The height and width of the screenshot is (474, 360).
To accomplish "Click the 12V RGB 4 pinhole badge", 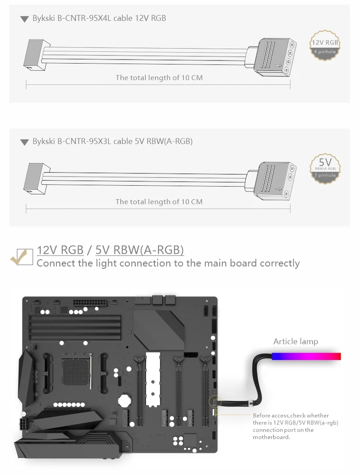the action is pyautogui.click(x=325, y=47).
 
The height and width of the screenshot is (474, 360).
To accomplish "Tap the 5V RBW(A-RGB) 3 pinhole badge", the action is pyautogui.click(x=325, y=168).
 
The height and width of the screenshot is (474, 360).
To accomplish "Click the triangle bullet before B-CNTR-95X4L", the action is pyautogui.click(x=25, y=19).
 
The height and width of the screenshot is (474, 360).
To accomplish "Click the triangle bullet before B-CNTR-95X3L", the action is pyautogui.click(x=25, y=142).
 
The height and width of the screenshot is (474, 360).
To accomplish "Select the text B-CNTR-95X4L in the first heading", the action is pyautogui.click(x=84, y=18).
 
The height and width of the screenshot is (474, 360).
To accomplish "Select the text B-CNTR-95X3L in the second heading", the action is pyautogui.click(x=84, y=141).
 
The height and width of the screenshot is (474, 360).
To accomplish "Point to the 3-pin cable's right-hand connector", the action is pyautogui.click(x=272, y=179).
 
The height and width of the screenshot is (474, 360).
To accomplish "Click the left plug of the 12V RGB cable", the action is pyautogui.click(x=35, y=54).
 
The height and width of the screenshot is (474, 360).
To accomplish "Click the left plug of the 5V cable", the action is pyautogui.click(x=35, y=177).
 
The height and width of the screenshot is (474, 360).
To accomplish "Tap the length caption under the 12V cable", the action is pyautogui.click(x=159, y=78).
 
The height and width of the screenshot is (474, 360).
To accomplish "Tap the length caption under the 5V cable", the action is pyautogui.click(x=159, y=202).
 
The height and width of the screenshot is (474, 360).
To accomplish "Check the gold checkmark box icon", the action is pyautogui.click(x=22, y=257).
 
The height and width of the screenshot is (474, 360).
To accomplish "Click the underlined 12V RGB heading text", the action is pyautogui.click(x=60, y=250).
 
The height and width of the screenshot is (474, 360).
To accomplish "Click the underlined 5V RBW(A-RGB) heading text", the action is pyautogui.click(x=139, y=250).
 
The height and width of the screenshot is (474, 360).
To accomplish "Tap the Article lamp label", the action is pyautogui.click(x=296, y=341).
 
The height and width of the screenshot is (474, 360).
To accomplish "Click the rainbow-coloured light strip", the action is pyautogui.click(x=306, y=356).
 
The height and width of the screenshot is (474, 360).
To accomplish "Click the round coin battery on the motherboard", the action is pyautogui.click(x=124, y=400).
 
